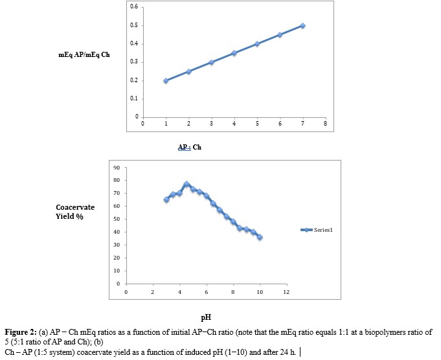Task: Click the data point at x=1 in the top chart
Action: pos(166,81)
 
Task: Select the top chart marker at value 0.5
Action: pos(302,26)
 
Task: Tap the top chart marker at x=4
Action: pos(234,53)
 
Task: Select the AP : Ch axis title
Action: pos(190,147)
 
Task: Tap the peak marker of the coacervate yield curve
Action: pos(187,185)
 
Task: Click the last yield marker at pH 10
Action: pos(260,237)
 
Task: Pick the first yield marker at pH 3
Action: pos(166,200)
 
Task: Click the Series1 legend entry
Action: pos(319,230)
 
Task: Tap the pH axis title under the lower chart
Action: pos(207,318)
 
